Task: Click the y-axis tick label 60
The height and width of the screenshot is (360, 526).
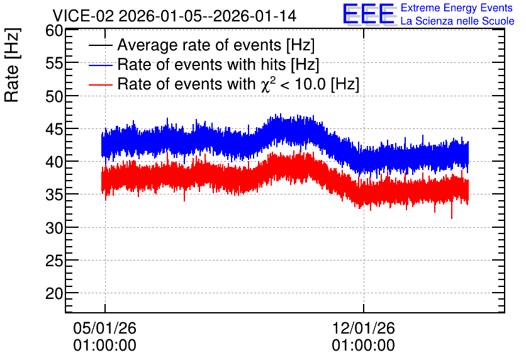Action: pyautogui.click(x=54, y=31)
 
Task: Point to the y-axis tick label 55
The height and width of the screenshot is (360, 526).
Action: pyautogui.click(x=54, y=64)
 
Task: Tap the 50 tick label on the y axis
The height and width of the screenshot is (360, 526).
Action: pyautogui.click(x=54, y=97)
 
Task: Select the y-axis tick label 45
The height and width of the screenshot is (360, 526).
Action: pyautogui.click(x=54, y=130)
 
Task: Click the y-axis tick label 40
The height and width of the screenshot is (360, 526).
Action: pyautogui.click(x=54, y=162)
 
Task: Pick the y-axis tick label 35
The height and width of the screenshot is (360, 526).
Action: pyautogui.click(x=54, y=195)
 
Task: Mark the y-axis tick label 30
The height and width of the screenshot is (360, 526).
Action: pyautogui.click(x=54, y=228)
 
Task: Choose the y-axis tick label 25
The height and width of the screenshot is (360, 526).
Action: pyautogui.click(x=54, y=261)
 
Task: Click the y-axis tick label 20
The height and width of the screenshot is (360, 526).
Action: pyautogui.click(x=54, y=294)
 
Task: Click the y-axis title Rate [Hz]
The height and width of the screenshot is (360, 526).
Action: pyautogui.click(x=12, y=65)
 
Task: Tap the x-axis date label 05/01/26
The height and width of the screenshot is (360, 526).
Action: pyautogui.click(x=104, y=328)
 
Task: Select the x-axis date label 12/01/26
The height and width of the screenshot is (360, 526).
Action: pyautogui.click(x=363, y=328)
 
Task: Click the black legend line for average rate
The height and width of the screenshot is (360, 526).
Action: pyautogui.click(x=100, y=45)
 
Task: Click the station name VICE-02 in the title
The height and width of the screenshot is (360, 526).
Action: pyautogui.click(x=83, y=16)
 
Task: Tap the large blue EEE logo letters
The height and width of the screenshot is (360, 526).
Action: pyautogui.click(x=369, y=14)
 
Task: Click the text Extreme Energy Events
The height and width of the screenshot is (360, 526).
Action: pyautogui.click(x=457, y=8)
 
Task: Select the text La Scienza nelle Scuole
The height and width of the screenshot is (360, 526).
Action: pyautogui.click(x=457, y=21)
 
